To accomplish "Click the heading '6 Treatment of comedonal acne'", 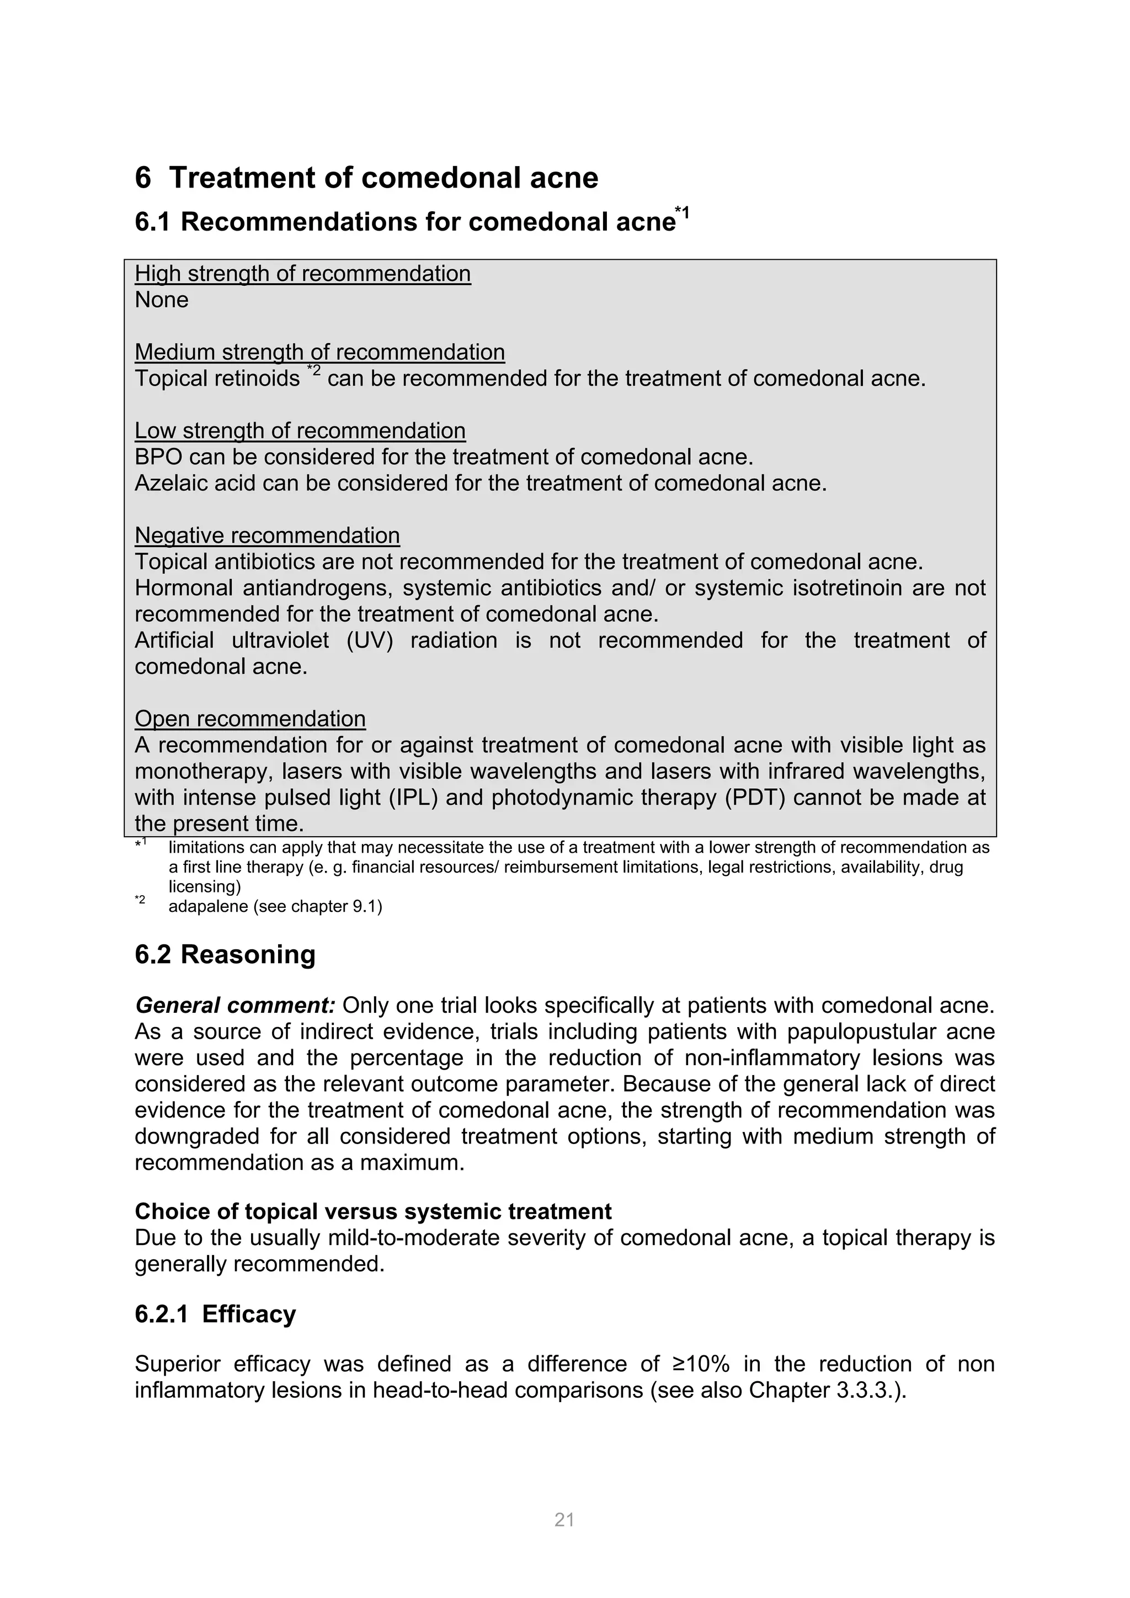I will click(366, 178).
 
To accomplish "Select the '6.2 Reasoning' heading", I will click(225, 954).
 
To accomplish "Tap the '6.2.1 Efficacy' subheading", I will click(215, 1314).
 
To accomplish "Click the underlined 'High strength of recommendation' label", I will click(302, 274).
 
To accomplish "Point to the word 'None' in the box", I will click(162, 300).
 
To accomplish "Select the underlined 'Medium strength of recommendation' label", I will click(319, 352).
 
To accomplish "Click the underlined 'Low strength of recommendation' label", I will click(300, 431).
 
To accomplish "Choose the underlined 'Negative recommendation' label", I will click(268, 535).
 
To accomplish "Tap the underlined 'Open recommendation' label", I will click(250, 718).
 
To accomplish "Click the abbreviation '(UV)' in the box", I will click(369, 640).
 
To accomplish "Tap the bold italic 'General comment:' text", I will click(236, 1006).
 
